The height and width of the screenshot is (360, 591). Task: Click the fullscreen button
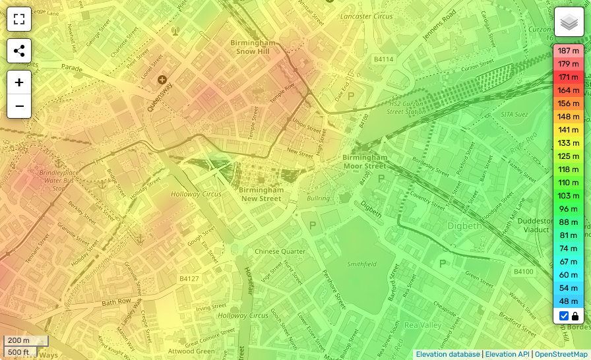[19, 19]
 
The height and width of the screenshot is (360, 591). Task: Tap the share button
[19, 51]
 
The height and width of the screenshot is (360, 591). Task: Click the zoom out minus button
[19, 106]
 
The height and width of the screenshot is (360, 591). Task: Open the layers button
[569, 22]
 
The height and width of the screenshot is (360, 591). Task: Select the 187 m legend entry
[569, 51]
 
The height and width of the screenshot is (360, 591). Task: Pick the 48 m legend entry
[569, 301]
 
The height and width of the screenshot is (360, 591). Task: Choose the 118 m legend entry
[569, 169]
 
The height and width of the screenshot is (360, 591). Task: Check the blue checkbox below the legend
[564, 316]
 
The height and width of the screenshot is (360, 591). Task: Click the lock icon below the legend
[575, 316]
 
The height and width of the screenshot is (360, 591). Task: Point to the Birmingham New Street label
[261, 194]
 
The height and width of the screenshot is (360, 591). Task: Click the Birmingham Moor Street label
[365, 162]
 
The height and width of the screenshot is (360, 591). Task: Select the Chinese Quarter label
[280, 251]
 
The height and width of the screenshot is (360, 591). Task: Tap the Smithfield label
[361, 264]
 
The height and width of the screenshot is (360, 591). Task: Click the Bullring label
[319, 198]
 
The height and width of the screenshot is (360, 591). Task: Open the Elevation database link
[448, 354]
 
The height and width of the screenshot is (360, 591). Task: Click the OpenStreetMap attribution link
[561, 354]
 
